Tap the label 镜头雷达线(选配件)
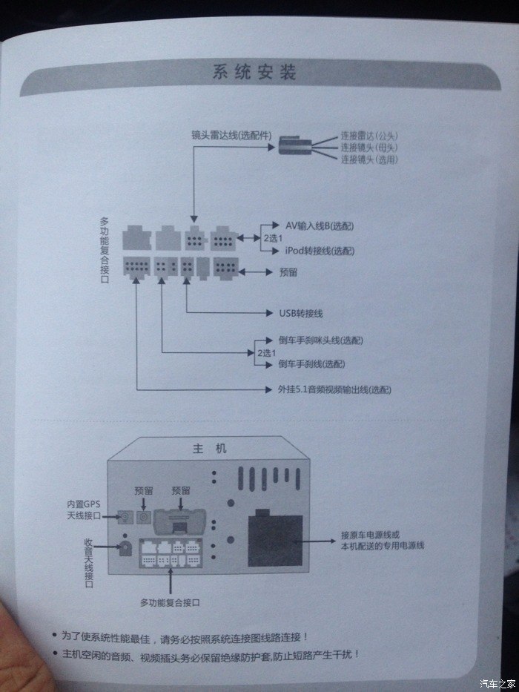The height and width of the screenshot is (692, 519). click(231, 136)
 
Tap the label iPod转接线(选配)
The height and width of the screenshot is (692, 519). click(320, 251)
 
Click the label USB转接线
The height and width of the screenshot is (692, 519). click(299, 313)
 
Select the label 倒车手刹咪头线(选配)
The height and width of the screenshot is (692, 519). click(321, 340)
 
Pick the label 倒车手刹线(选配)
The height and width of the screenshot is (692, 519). click(311, 364)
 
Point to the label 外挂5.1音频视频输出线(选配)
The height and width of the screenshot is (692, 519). click(329, 389)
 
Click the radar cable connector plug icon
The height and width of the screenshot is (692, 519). click(294, 147)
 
